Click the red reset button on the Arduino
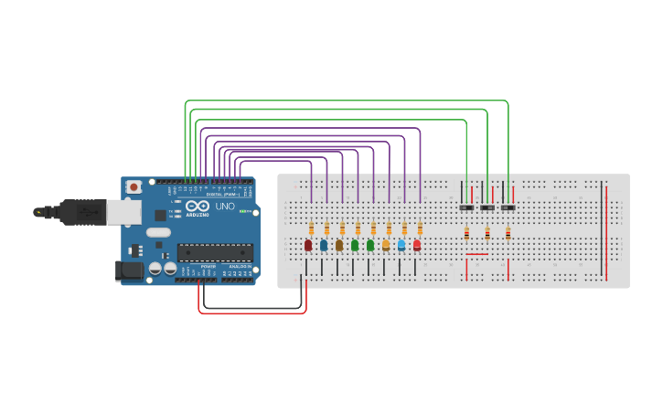coord(134,186)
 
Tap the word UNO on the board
coord(225,207)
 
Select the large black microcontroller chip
coord(214,252)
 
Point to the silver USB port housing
coord(123,212)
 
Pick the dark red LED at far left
coord(308,245)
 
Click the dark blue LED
coord(324,245)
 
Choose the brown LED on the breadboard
coord(339,245)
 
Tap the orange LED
coord(386,245)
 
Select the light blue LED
coord(401,245)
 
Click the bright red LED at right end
coord(417,245)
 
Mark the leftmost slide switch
coord(466,208)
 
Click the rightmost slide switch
coord(508,208)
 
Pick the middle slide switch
coord(487,208)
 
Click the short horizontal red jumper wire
coord(477,254)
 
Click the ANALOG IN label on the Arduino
coord(240,266)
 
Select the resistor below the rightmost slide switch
coord(508,234)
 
